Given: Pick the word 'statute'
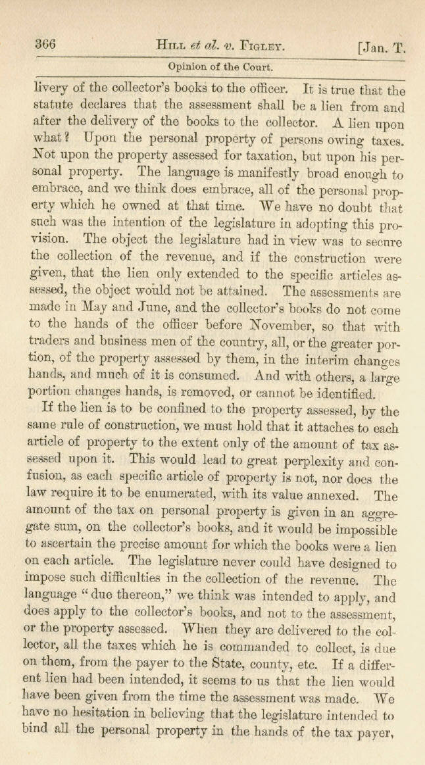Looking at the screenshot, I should pos(53,105).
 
